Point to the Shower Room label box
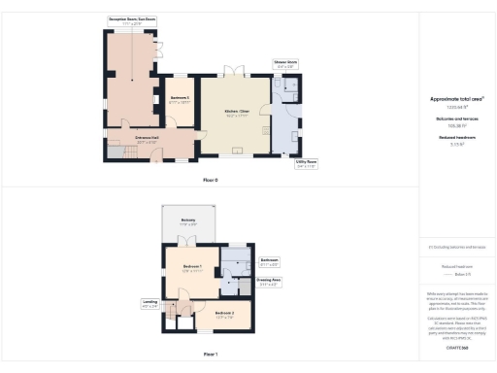pyautogui.click(x=285, y=64)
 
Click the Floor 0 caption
pyautogui.click(x=210, y=181)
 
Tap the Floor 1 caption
pyautogui.click(x=210, y=354)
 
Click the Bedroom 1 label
pyautogui.click(x=190, y=268)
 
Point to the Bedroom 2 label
pyautogui.click(x=225, y=314)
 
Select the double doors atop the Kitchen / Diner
pyautogui.click(x=233, y=71)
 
